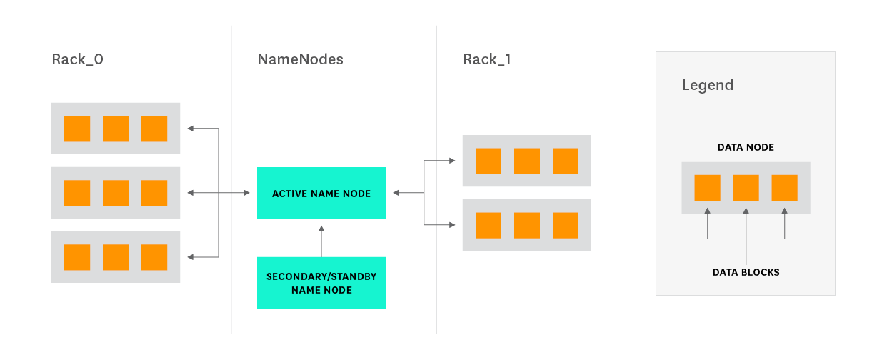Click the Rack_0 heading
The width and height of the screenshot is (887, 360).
point(77,59)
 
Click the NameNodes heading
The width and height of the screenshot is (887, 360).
point(300,59)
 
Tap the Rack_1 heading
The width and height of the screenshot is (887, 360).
point(486,59)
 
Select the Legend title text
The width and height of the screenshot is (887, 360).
point(707,85)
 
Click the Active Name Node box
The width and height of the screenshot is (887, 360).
point(321,193)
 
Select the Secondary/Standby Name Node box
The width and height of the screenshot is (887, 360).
point(321,283)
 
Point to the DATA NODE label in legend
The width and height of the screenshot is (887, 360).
point(746,147)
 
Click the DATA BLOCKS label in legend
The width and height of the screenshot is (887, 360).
point(746,272)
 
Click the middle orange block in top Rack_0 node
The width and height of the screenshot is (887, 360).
point(116,129)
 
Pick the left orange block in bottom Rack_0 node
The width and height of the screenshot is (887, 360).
point(77,257)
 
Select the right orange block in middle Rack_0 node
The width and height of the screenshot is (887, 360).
point(154,193)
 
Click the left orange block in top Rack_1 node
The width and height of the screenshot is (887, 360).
point(488,161)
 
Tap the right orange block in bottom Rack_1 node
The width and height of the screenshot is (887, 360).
point(566,225)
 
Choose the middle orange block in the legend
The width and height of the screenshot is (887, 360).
point(746,187)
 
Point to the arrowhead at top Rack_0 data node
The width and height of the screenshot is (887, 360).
point(191,129)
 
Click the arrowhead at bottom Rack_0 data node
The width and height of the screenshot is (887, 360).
point(191,257)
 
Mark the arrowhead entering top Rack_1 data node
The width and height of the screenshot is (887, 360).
point(451,161)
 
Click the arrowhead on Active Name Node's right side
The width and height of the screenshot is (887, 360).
point(396,193)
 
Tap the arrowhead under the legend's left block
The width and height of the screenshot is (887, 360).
point(707,211)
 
